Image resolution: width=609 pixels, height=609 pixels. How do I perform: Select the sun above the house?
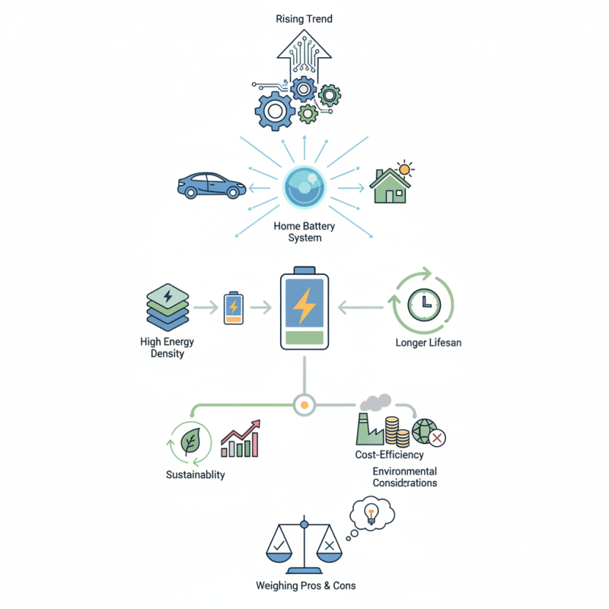tap(404, 168)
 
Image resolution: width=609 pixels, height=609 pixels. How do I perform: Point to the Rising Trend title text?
tap(304, 18)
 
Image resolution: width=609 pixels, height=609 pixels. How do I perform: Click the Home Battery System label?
tap(304, 231)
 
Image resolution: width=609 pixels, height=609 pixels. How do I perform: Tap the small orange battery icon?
tap(234, 308)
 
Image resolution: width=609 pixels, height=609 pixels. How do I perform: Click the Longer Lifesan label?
tap(429, 343)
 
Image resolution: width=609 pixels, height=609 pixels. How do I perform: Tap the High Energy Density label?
tap(167, 348)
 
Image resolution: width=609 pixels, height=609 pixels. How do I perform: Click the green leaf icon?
tap(189, 441)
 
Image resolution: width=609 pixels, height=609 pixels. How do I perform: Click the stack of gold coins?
tap(397, 432)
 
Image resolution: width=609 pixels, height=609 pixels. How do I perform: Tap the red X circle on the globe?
tap(437, 438)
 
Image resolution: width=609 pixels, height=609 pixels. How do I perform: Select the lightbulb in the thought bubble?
tap(372, 512)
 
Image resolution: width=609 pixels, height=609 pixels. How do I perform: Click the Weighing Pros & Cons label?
tap(305, 585)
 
